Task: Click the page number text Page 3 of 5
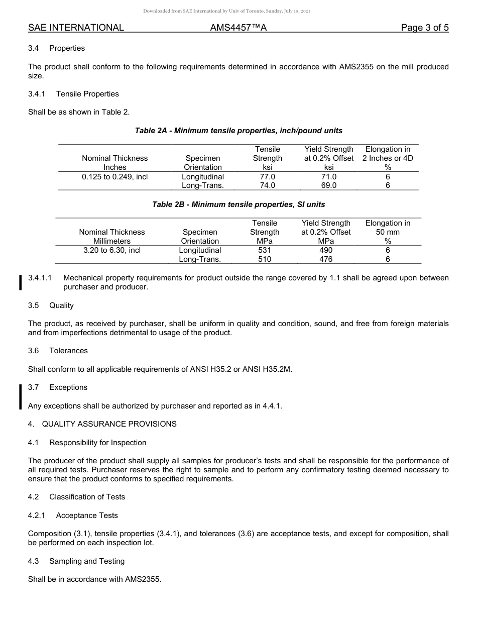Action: pyautogui.click(x=424, y=28)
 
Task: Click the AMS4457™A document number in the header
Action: pyautogui.click(x=238, y=28)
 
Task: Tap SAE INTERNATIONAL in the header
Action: pyautogui.click(x=76, y=28)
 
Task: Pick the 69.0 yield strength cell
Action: pyautogui.click(x=329, y=185)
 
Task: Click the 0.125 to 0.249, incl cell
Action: pyautogui.click(x=114, y=177)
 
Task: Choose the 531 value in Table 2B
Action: pyautogui.click(x=264, y=250)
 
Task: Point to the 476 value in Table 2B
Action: pyautogui.click(x=326, y=259)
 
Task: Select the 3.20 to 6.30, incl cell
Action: pyautogui.click(x=112, y=250)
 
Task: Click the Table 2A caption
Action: pyautogui.click(x=238, y=131)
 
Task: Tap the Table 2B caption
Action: pyautogui.click(x=238, y=204)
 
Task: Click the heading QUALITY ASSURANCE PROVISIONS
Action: pyautogui.click(x=109, y=424)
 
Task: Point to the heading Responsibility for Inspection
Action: pyautogui.click(x=98, y=443)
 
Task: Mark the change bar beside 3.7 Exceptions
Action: pyautogui.click(x=21, y=397)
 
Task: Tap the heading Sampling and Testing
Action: pyautogui.click(x=87, y=561)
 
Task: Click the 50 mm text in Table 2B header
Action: pyautogui.click(x=388, y=232)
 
